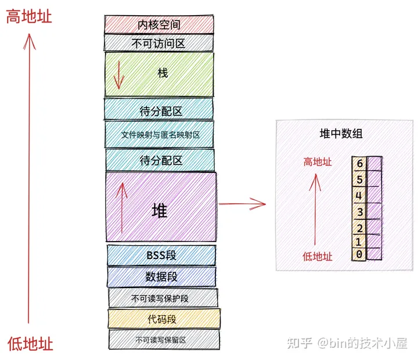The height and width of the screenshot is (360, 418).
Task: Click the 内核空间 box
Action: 158,24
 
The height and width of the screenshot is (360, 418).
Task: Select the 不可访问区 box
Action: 158,43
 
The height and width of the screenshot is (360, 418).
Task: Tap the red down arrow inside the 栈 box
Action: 118,74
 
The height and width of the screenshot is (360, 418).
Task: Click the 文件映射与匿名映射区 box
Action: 160,134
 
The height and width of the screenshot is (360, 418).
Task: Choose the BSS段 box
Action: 161,255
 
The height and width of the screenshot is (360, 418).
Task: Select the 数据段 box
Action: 161,276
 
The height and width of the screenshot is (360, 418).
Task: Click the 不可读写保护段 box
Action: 163,298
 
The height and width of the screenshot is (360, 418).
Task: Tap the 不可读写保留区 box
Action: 164,339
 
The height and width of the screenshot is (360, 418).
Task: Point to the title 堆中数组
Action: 341,134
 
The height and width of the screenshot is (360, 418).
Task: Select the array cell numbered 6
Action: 360,164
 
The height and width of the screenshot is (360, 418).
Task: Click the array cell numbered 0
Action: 360,254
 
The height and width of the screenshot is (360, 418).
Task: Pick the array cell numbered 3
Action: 360,211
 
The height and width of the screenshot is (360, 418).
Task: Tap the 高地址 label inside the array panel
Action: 317,162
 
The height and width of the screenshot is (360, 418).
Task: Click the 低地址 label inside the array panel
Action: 318,256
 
